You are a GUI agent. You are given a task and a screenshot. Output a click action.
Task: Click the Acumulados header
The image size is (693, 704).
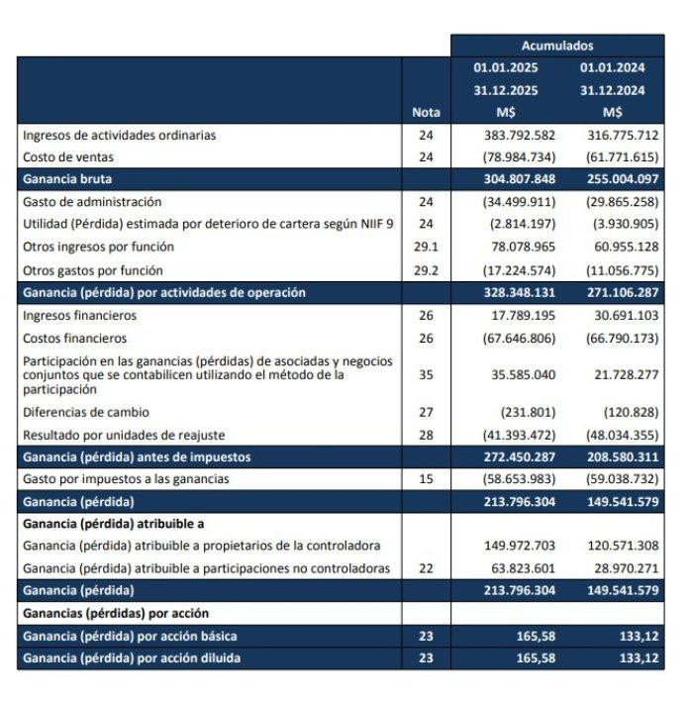[557, 46]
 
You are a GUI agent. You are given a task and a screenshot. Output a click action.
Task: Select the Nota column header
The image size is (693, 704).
[426, 112]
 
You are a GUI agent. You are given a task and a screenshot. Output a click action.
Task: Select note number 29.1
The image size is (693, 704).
[426, 247]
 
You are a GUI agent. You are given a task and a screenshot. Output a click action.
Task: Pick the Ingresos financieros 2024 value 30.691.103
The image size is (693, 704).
[621, 316]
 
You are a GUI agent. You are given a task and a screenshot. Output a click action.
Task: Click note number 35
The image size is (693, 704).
[426, 375]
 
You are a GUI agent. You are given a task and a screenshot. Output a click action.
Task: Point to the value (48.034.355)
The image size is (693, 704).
[621, 435]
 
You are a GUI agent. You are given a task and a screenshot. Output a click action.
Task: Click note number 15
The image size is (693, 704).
[426, 479]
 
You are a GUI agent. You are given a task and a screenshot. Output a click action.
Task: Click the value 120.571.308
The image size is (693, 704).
[621, 546]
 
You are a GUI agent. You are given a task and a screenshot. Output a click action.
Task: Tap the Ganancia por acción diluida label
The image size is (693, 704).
[130, 658]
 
